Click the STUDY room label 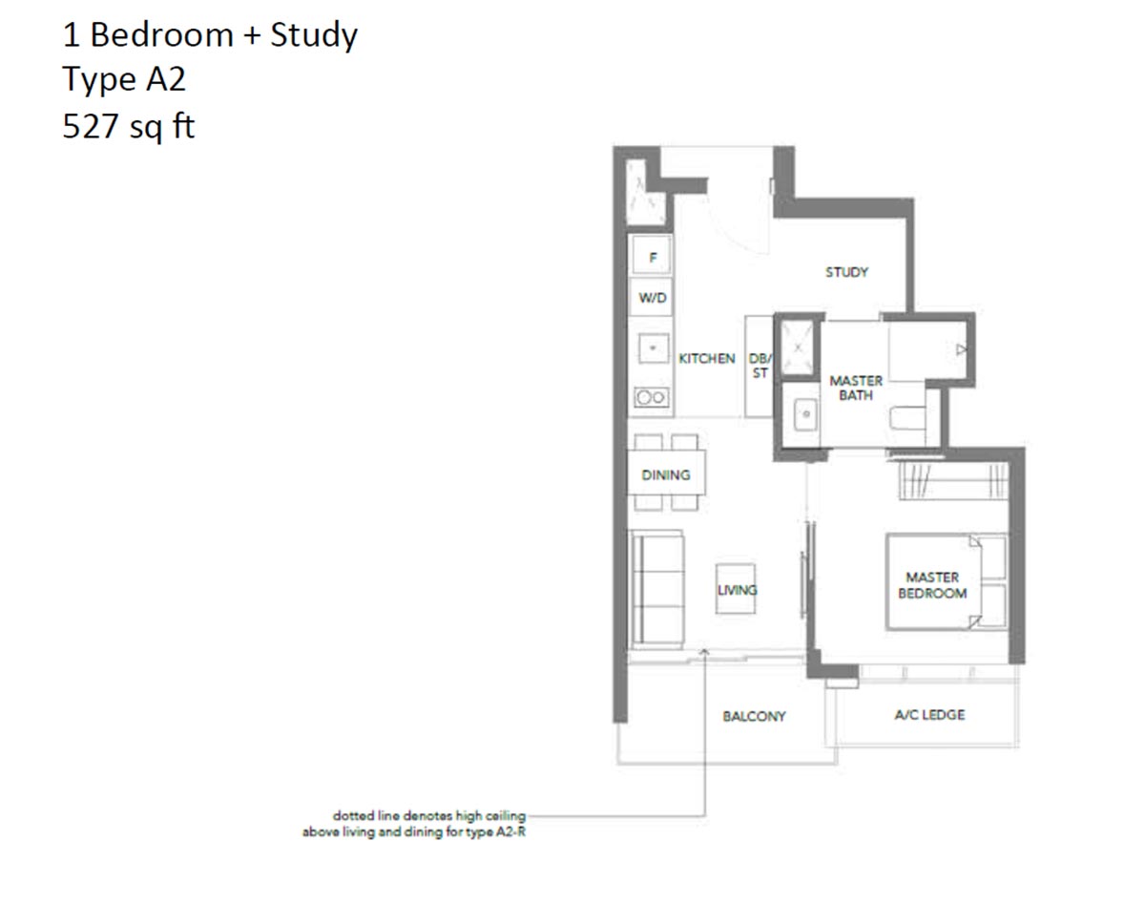(x=846, y=272)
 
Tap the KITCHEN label (x=706, y=358)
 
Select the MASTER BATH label (x=855, y=388)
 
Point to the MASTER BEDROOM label (x=931, y=585)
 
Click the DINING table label (x=665, y=474)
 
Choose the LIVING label (x=737, y=590)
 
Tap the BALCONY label (x=753, y=716)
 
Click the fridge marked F (x=653, y=258)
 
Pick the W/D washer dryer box (x=653, y=298)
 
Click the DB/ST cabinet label (x=760, y=366)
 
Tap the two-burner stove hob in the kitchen (x=652, y=397)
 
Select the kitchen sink (x=653, y=349)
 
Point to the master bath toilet (x=906, y=418)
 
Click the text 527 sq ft (x=128, y=125)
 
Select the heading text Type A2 (x=124, y=80)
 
